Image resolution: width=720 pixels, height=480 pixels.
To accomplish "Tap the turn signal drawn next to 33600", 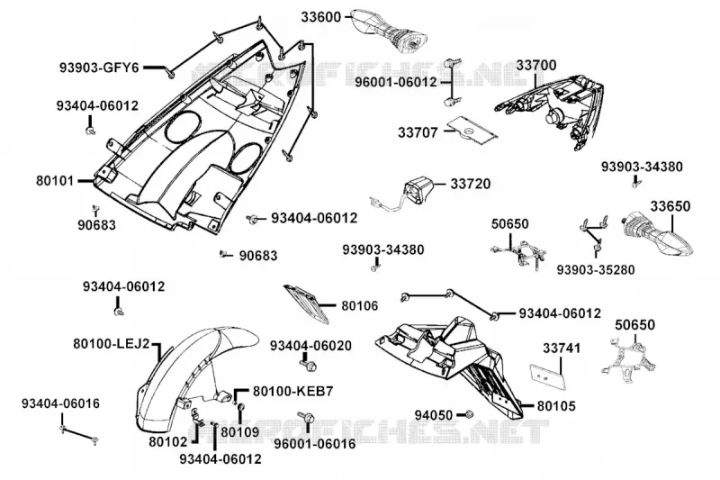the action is click(390, 30).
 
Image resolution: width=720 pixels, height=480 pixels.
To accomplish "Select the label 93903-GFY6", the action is click(99, 68).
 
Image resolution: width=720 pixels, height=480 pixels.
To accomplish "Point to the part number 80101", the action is click(55, 180).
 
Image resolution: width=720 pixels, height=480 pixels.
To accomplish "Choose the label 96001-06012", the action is click(396, 82).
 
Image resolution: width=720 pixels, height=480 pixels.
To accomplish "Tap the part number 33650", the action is click(670, 206).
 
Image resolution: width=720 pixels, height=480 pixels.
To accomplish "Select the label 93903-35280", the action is click(596, 269).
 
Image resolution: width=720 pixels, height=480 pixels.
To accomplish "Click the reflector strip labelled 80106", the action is click(306, 303).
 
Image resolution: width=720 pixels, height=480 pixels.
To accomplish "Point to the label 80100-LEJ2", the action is click(112, 344).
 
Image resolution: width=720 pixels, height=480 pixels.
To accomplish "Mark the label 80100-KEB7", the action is click(293, 392).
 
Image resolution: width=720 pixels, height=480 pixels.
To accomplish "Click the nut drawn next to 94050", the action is click(469, 414).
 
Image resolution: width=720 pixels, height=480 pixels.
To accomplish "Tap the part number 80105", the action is click(556, 406).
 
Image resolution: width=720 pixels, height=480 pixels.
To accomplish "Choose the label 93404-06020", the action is click(310, 346).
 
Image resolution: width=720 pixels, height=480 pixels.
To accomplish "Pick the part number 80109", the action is click(240, 432).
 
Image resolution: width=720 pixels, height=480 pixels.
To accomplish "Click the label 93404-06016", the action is click(60, 403).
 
